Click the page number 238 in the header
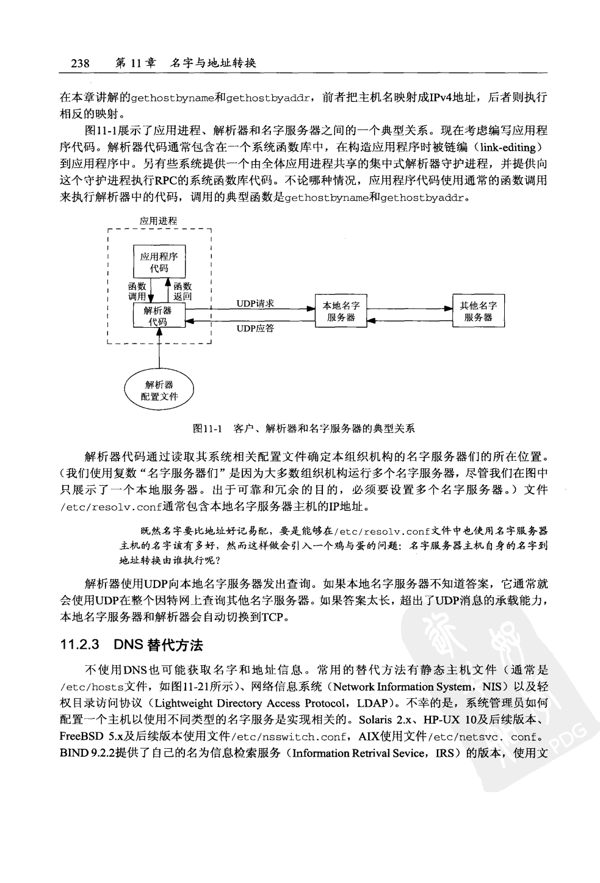[81, 63]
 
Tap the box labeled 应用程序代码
[159, 262]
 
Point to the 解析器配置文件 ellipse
[159, 390]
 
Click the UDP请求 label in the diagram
[255, 303]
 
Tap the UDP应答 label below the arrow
[255, 328]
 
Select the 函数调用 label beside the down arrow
[137, 291]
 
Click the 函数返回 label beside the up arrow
[182, 291]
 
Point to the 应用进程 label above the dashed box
[158, 221]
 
